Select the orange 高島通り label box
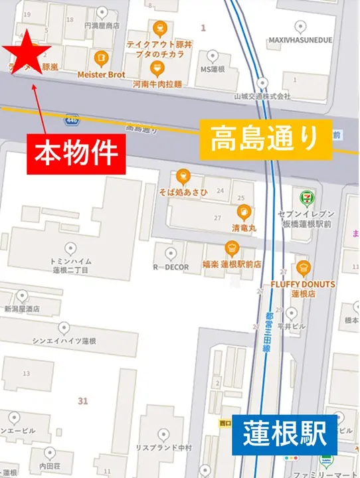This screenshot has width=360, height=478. pos(265,140)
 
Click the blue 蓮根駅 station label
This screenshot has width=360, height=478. pos(284,435)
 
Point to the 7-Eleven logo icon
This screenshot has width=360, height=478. pos(306,197)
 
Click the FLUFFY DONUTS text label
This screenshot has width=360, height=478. pos(303,284)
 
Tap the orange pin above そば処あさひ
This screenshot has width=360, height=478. pos(184,177)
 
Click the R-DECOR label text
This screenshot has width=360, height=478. pos(171,268)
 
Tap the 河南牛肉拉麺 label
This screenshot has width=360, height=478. pos(157,85)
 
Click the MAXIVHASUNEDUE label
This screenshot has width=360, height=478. pos(300,40)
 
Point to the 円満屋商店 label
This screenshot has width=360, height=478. pos(102,26)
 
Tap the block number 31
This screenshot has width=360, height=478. pos(82,400)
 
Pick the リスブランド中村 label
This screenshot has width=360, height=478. pos(163,447)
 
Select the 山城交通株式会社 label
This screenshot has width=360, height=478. pos(262,96)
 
